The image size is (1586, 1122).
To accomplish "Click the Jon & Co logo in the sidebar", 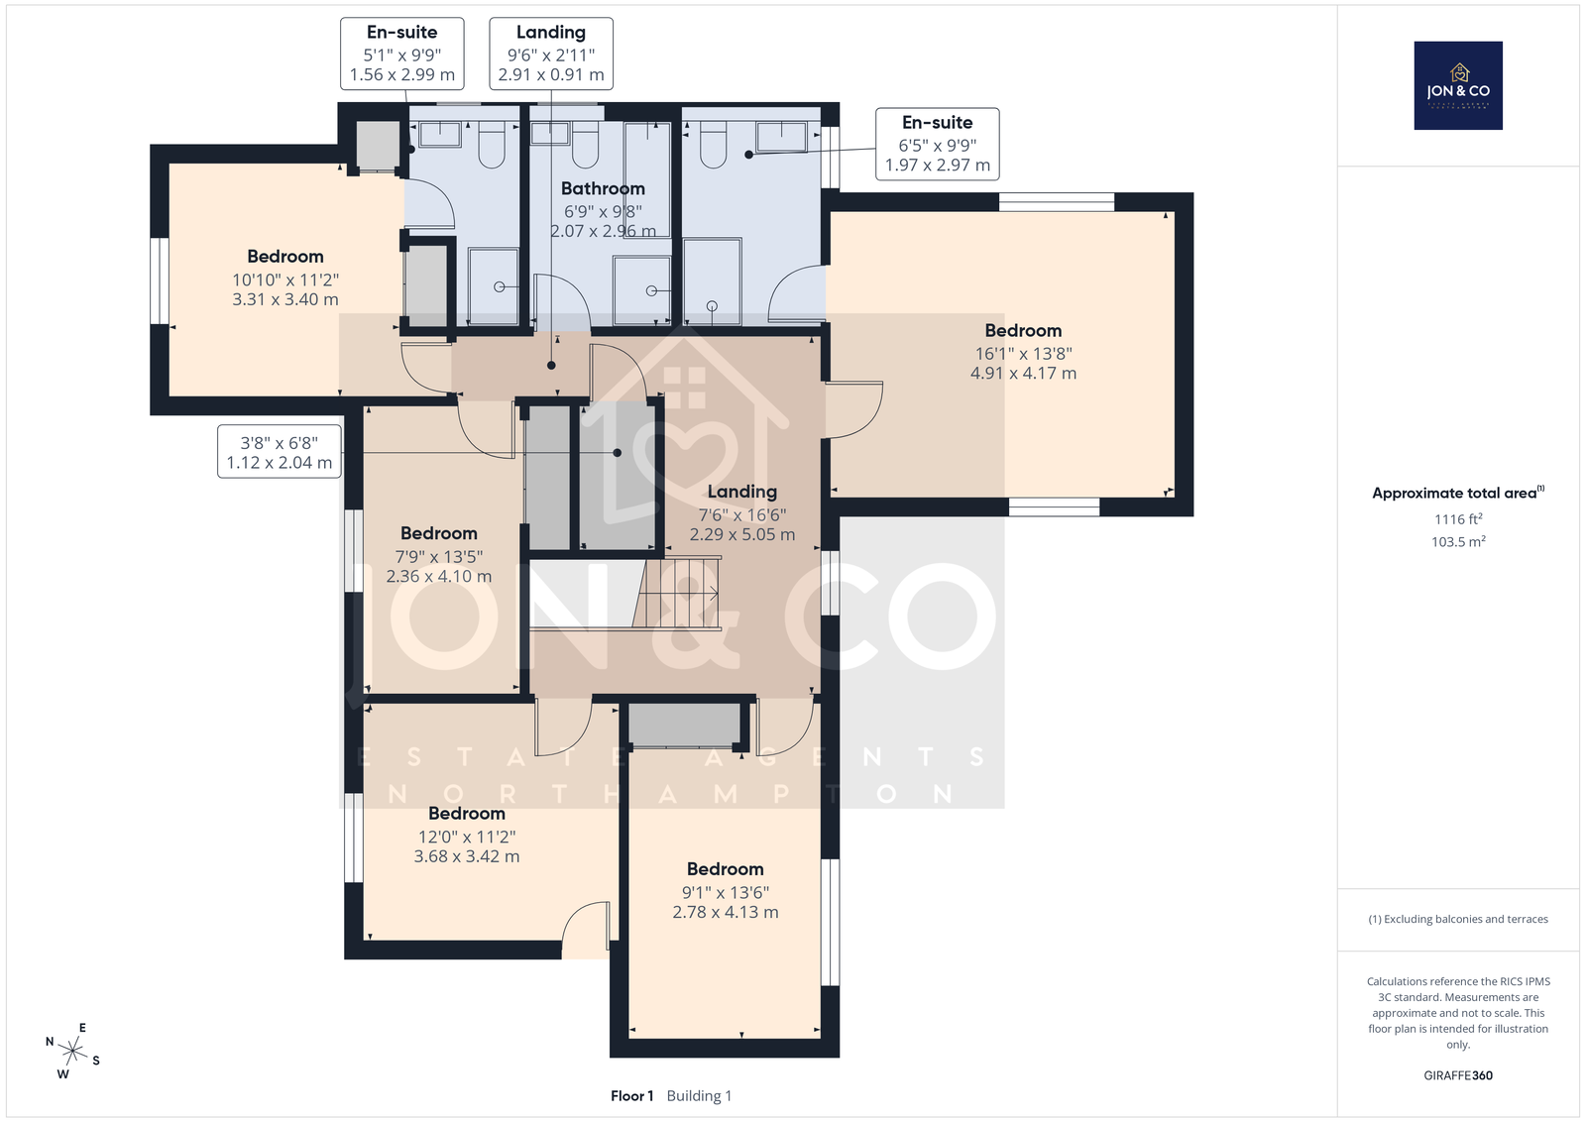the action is click(x=1458, y=85).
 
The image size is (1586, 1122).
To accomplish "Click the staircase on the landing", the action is click(x=677, y=593).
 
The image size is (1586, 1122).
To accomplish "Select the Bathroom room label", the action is click(x=603, y=188).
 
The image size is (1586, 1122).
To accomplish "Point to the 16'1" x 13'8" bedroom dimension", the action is click(x=1023, y=353).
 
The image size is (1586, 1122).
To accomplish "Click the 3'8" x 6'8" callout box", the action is click(x=279, y=452).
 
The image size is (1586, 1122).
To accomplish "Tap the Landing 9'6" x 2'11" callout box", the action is click(x=551, y=54).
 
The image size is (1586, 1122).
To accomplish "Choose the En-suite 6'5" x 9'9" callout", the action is click(x=938, y=144).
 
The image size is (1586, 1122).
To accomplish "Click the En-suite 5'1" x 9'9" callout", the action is click(x=402, y=54).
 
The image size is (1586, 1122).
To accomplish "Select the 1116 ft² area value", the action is click(x=1458, y=519).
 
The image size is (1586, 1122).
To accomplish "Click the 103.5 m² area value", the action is click(x=1458, y=541).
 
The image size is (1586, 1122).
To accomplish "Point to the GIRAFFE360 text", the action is click(x=1458, y=1075).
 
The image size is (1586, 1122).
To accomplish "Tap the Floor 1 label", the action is click(x=631, y=1096).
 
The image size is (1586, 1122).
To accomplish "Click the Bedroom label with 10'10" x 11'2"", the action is click(x=285, y=257).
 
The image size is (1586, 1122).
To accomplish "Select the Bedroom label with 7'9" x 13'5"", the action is click(x=439, y=533).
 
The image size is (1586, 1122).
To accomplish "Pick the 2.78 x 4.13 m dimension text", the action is click(x=725, y=912).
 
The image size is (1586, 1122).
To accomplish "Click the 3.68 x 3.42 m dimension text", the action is click(x=467, y=855).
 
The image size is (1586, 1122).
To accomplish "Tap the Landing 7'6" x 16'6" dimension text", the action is click(x=742, y=514).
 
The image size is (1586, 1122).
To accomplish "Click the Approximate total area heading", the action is click(x=1458, y=493).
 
